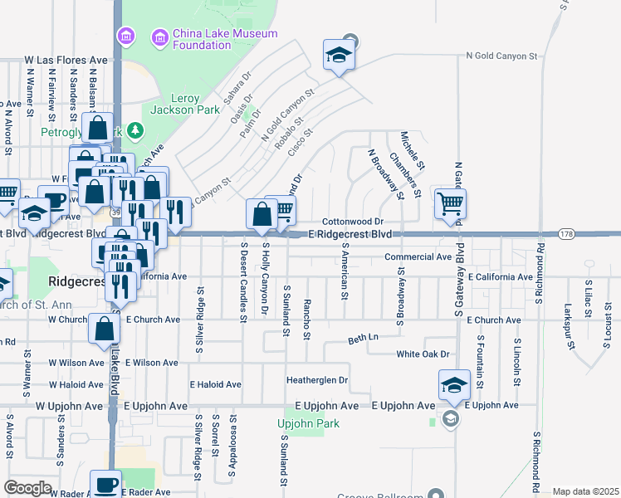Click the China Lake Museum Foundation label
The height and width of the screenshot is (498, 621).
(x=202, y=39)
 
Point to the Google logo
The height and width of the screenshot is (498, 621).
(x=27, y=488)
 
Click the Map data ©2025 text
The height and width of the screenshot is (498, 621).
(x=586, y=491)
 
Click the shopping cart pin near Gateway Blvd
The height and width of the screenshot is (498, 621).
(x=450, y=203)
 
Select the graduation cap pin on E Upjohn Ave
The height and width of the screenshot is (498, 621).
(x=454, y=384)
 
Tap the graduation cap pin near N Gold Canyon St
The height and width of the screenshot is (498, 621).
(x=338, y=55)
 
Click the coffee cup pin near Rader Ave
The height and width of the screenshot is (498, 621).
(x=105, y=484)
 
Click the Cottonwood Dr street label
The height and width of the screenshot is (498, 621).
(x=352, y=222)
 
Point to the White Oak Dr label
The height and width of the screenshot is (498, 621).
(x=423, y=354)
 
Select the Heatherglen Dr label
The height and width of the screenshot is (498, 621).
(x=316, y=380)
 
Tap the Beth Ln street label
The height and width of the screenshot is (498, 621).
(x=363, y=339)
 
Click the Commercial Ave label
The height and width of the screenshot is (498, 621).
(x=418, y=256)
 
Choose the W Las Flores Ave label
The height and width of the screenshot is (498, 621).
(x=66, y=61)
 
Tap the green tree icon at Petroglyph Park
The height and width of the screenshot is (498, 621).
(x=135, y=131)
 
